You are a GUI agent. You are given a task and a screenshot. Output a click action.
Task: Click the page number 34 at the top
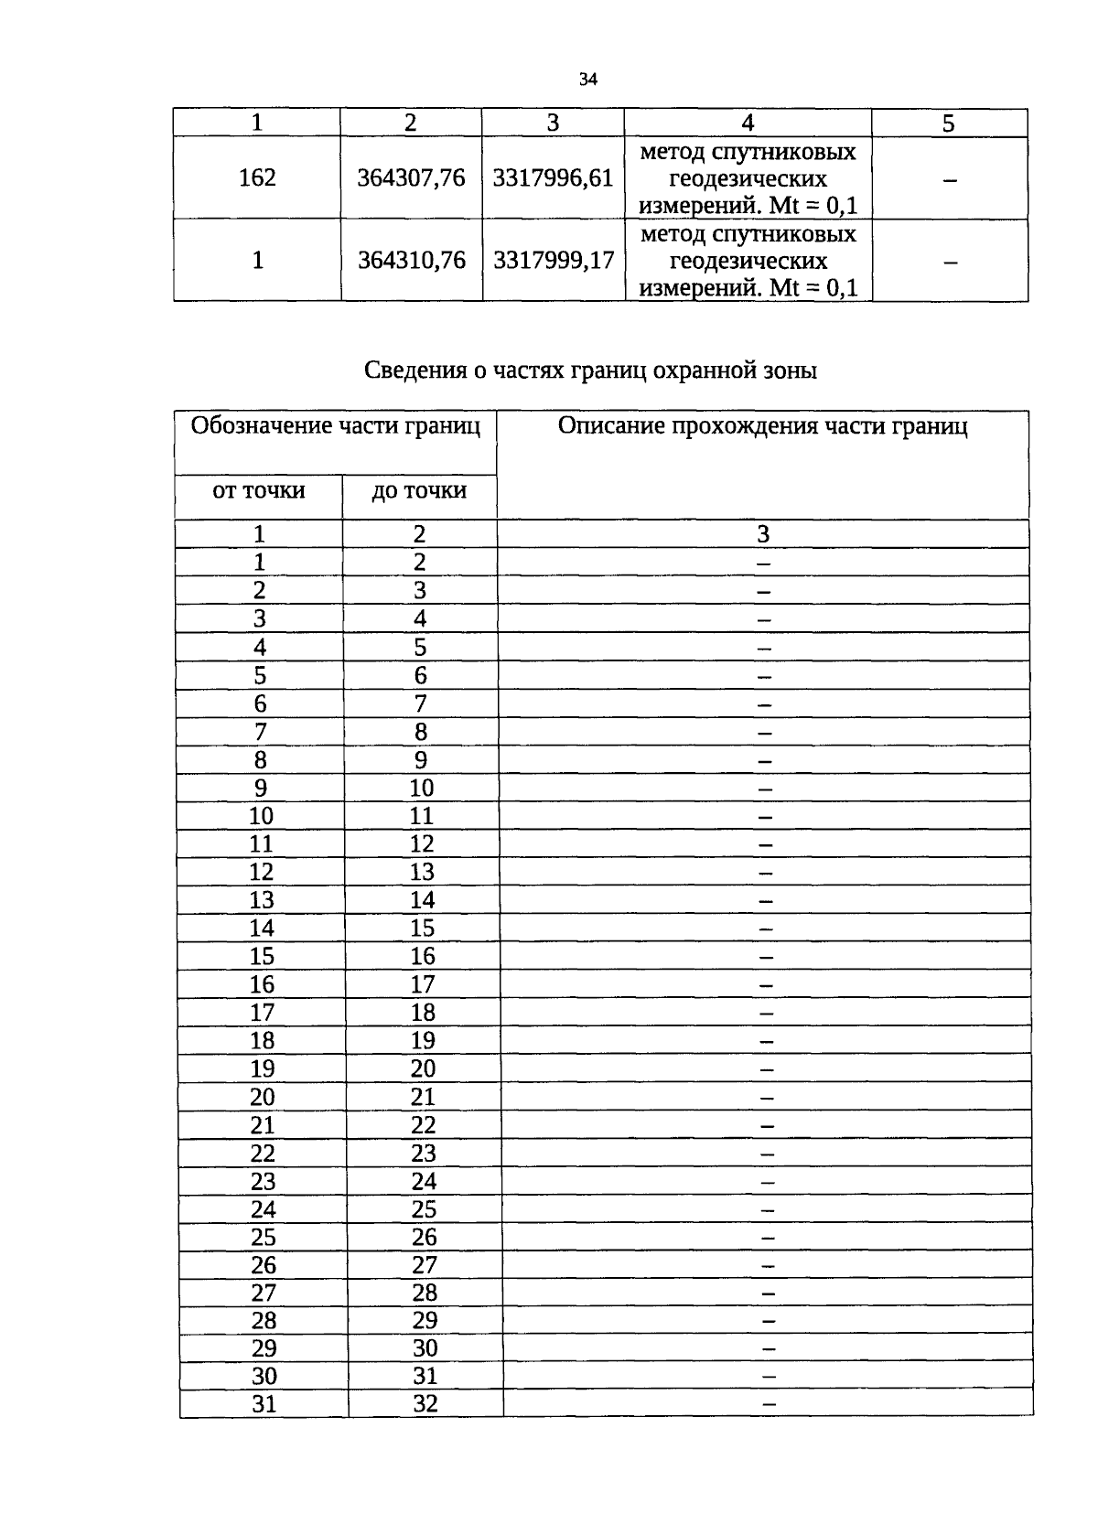click(587, 80)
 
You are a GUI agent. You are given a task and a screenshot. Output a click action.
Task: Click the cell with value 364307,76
click(411, 177)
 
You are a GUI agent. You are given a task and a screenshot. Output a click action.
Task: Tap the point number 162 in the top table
click(257, 177)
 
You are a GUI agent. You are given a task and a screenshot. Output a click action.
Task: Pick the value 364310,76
click(411, 261)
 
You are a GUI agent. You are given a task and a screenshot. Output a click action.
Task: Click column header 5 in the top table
click(948, 123)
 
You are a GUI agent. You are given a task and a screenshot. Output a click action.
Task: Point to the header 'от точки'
click(258, 491)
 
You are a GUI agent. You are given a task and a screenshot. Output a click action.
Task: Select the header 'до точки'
click(419, 491)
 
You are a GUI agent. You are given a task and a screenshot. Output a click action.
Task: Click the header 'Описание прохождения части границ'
click(762, 426)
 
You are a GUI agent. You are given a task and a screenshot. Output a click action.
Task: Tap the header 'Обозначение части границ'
click(335, 426)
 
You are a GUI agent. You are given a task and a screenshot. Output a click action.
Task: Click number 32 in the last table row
click(425, 1403)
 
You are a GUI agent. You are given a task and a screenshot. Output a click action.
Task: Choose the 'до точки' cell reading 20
click(423, 1068)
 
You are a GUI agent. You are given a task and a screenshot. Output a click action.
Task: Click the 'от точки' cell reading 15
click(262, 956)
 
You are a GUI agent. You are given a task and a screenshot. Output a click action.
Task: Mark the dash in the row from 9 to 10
click(765, 789)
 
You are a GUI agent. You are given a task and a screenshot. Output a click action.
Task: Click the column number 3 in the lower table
click(763, 534)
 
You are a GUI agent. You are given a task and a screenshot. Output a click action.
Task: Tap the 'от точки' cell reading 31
click(264, 1403)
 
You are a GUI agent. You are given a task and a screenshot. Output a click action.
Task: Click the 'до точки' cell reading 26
click(424, 1237)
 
